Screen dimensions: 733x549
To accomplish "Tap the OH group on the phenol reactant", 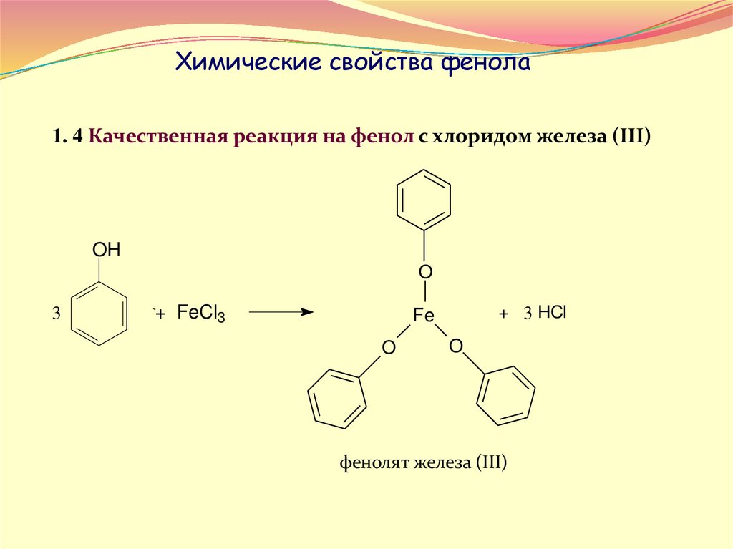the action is (107, 251).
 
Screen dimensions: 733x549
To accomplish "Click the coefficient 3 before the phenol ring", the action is (56, 314).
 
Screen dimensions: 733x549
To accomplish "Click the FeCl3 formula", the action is (201, 314).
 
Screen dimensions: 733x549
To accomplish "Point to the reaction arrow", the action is (280, 312).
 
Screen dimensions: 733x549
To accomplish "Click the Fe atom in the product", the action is (424, 315).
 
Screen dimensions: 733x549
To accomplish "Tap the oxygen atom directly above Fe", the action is (425, 272).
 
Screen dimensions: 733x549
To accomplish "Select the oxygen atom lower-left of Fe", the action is (388, 348).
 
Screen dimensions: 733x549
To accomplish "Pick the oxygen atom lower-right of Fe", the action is (456, 346).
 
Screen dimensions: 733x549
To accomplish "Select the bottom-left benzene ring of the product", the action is (337, 399).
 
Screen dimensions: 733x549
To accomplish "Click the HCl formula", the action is (552, 313).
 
